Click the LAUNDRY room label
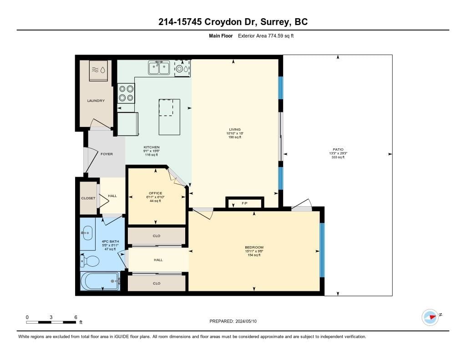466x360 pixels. tap(96, 101)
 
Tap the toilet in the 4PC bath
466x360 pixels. tap(90, 261)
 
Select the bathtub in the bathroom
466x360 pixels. tap(100, 281)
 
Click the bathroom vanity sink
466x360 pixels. tap(87, 233)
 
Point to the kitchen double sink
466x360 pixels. tap(159, 68)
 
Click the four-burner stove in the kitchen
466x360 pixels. tap(127, 93)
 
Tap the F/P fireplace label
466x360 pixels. tap(244, 203)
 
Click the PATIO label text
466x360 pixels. tap(338, 150)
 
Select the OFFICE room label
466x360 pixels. tap(156, 193)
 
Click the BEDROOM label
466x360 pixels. tap(254, 247)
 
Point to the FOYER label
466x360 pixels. tap(106, 154)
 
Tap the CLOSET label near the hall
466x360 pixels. tap(88, 198)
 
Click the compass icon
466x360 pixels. tap(430, 317)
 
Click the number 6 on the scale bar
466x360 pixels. tap(76, 317)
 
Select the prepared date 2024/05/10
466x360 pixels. tap(246, 321)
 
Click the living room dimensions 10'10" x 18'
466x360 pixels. tap(235, 133)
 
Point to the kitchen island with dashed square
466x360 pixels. tap(169, 117)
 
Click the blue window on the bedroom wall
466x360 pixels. tap(322, 250)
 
